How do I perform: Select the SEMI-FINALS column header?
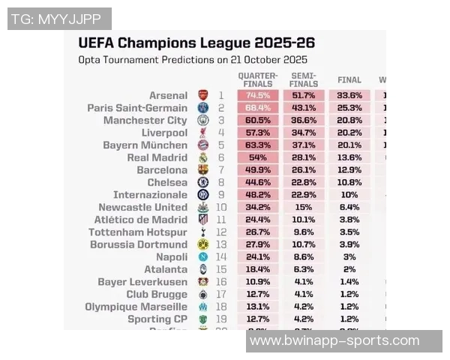point(303,79)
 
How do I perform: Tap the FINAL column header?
point(349,79)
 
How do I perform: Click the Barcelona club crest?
point(202,170)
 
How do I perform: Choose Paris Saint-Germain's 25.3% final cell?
point(349,108)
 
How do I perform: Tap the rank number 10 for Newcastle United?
point(221,207)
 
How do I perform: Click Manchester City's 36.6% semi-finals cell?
point(303,121)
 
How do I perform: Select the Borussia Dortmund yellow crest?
point(202,244)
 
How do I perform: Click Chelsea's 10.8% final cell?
point(349,182)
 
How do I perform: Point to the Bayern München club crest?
point(202,145)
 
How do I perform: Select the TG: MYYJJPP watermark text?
point(58,19)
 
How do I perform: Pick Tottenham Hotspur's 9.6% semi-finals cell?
point(303,232)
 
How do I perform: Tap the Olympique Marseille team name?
point(136,307)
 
